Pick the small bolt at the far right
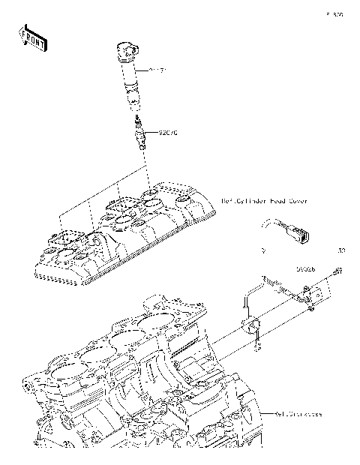coord(338,271)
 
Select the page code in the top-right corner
coord(334,14)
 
